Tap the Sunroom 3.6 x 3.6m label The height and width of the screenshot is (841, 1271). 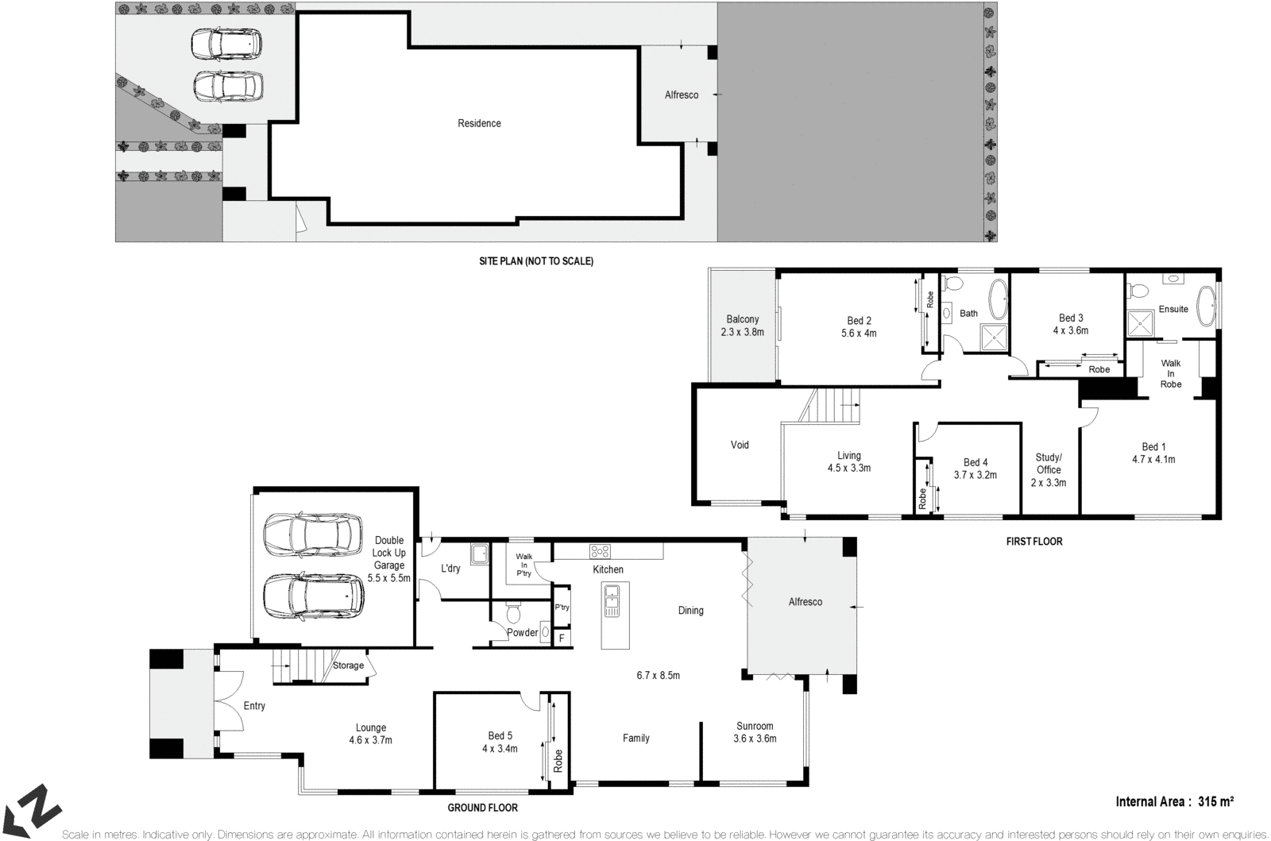(x=754, y=731)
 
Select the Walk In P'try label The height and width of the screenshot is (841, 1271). (x=523, y=565)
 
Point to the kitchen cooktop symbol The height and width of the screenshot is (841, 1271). (x=599, y=551)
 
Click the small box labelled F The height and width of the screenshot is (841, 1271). (x=562, y=638)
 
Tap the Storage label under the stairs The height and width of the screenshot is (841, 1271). (x=348, y=665)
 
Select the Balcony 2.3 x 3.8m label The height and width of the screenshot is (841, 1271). (x=742, y=326)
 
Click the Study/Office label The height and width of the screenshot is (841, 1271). (x=1049, y=469)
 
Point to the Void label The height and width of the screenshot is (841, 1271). (x=740, y=445)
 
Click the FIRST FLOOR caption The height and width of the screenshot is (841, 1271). (x=1033, y=542)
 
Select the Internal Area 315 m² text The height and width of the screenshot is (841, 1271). (x=1174, y=801)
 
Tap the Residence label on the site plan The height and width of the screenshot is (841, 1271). (x=479, y=123)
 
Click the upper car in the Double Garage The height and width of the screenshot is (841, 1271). (x=311, y=536)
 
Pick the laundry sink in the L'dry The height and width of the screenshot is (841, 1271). (x=478, y=554)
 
